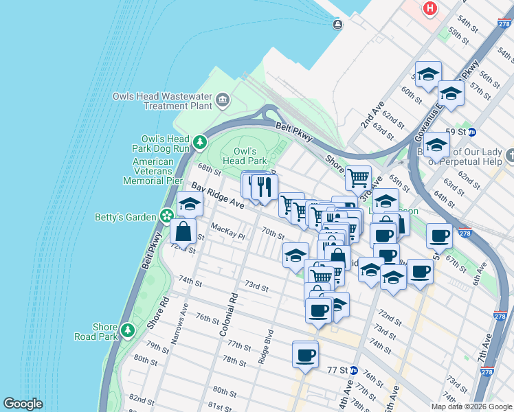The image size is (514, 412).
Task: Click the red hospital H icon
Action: coord(430,8)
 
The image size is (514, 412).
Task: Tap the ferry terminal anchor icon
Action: coord(337,25)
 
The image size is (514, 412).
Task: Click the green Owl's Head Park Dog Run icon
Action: coord(199,143)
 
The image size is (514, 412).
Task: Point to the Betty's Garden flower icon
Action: coord(166,216)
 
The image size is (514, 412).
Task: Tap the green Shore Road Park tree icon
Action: coord(127,331)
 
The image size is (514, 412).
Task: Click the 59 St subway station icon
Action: coord(472,131)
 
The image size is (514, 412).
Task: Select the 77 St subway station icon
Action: coord(353,369)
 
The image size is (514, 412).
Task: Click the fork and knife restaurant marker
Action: coord(265,185)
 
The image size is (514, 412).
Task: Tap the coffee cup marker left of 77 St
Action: coord(305,355)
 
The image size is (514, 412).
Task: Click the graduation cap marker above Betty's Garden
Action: coord(190,204)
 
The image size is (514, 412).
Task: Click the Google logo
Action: coord(23,404)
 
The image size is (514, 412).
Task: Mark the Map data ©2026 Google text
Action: coord(471,406)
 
